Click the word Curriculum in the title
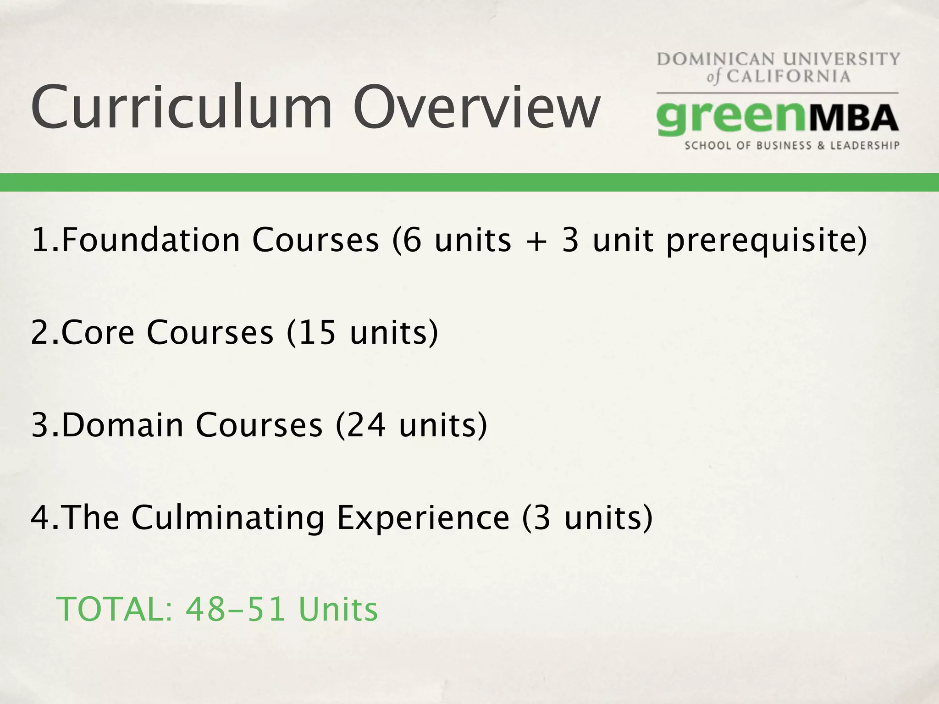click(182, 107)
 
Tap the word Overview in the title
click(477, 107)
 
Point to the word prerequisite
click(766, 241)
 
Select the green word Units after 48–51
click(338, 609)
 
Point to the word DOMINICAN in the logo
click(716, 60)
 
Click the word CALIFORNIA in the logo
click(788, 76)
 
